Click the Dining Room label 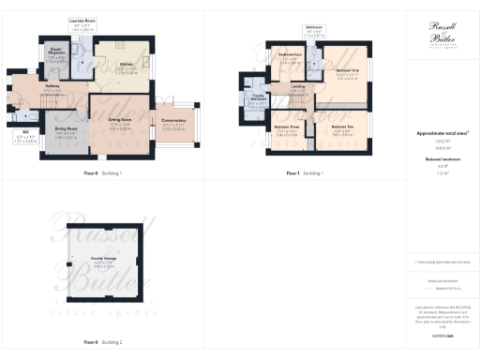click(x=65, y=130)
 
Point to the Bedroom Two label click(x=342, y=126)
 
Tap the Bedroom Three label click(x=286, y=127)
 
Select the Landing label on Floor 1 click(x=298, y=87)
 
